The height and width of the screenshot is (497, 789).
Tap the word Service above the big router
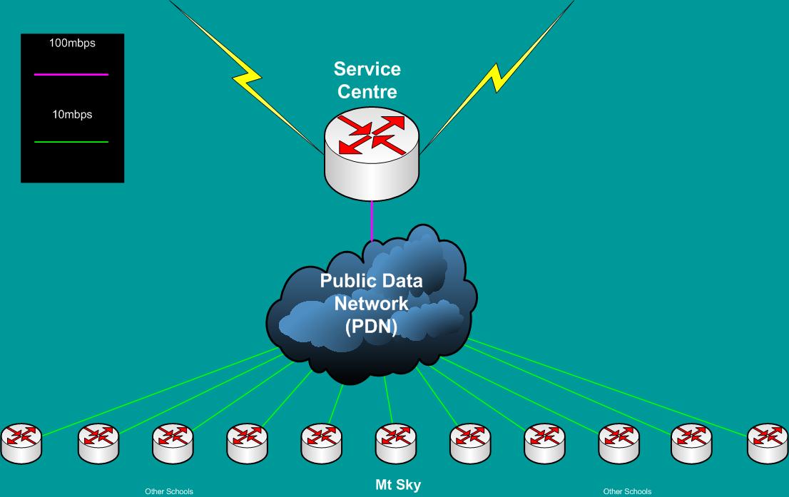click(367, 70)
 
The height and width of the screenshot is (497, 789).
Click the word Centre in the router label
click(367, 92)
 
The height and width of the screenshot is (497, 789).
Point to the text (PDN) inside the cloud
click(371, 326)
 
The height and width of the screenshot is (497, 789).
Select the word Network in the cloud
click(371, 304)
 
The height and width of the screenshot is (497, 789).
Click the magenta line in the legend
click(71, 74)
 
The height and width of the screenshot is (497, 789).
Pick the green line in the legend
click(71, 142)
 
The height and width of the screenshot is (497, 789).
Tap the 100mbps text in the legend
click(71, 43)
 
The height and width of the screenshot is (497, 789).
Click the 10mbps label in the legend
click(71, 114)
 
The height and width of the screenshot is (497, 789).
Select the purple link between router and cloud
click(372, 221)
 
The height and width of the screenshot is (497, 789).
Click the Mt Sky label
click(398, 486)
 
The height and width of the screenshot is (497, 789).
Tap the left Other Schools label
click(168, 491)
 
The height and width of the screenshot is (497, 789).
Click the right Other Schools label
click(627, 491)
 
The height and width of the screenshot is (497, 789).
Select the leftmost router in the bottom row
click(21, 443)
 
